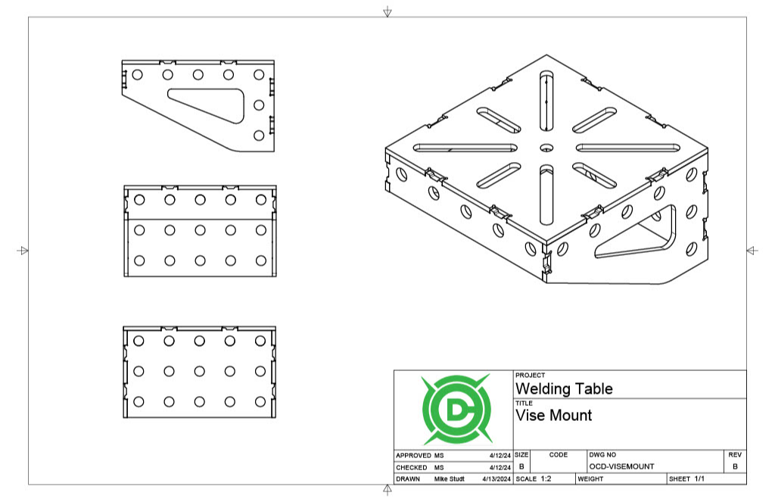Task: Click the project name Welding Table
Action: point(564,389)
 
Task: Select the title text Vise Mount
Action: point(553,416)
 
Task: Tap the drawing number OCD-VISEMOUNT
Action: point(621,466)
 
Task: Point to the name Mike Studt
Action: point(450,479)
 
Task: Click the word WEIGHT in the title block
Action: point(590,479)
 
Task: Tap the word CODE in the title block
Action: point(558,454)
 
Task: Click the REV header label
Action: point(734,454)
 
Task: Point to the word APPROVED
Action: point(413,456)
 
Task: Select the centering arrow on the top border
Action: point(387,11)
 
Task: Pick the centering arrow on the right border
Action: point(752,251)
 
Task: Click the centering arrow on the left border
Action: point(23,251)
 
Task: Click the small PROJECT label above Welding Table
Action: point(530,376)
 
